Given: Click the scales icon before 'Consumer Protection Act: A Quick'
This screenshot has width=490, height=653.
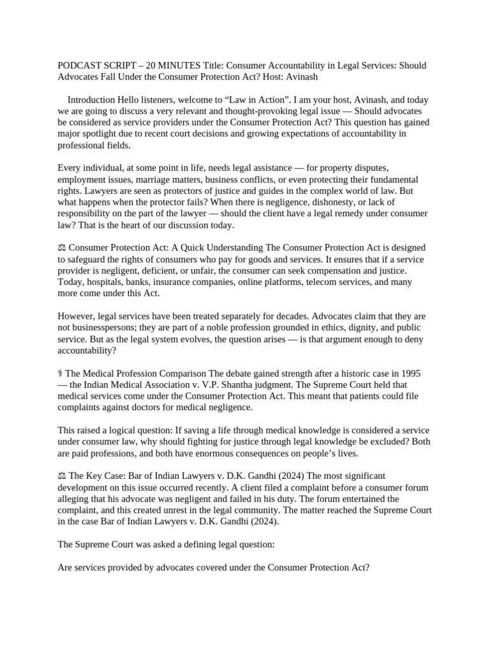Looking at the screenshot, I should click(62, 248).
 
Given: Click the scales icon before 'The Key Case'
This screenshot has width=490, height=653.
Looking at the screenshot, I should click(62, 476).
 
